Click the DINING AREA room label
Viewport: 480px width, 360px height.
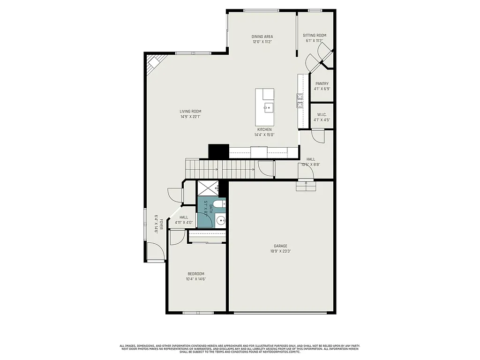262,37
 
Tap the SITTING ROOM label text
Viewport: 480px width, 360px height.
314,35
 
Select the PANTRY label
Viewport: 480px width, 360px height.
322,83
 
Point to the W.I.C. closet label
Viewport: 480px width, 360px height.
322,114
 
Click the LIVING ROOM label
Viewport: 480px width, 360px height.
190,111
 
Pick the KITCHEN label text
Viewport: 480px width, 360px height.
264,129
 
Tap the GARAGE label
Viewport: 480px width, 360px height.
281,246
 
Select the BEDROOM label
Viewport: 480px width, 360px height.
196,274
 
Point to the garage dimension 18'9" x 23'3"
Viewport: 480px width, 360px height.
281,251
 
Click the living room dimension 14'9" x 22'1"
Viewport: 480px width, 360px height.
190,117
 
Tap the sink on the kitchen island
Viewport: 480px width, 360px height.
268,107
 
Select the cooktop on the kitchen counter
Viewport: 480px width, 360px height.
299,100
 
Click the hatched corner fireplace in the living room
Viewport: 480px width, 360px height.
154,64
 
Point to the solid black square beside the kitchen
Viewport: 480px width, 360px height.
218,151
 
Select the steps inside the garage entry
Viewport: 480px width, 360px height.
306,187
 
